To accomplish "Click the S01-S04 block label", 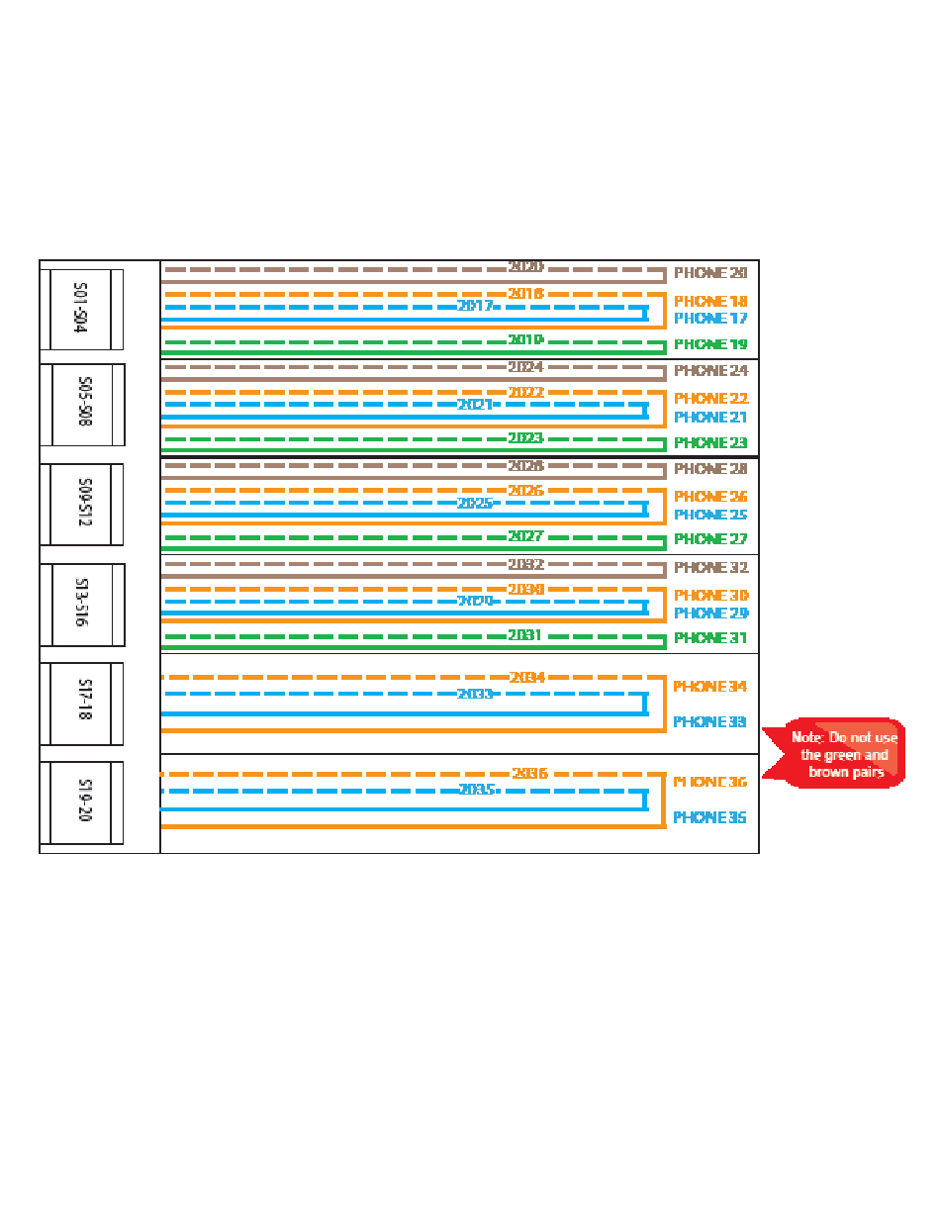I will (x=81, y=309).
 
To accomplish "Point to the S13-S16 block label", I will (x=82, y=605).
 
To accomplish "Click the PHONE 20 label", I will (x=710, y=273).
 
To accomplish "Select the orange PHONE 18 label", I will (x=710, y=301).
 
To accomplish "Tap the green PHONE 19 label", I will (x=710, y=344).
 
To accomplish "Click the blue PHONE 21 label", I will (x=710, y=417).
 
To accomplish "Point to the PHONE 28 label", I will (x=710, y=469).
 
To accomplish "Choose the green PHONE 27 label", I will (x=710, y=539).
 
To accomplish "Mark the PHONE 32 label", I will (x=710, y=568).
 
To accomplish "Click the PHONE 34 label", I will (x=710, y=686).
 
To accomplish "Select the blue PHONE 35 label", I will (x=710, y=817).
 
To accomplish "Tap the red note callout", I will (x=841, y=753).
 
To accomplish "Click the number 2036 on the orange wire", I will (x=529, y=773).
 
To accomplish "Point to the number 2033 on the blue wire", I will (x=475, y=694).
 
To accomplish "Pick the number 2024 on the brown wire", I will (x=525, y=367).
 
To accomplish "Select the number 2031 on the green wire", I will (x=525, y=635).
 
